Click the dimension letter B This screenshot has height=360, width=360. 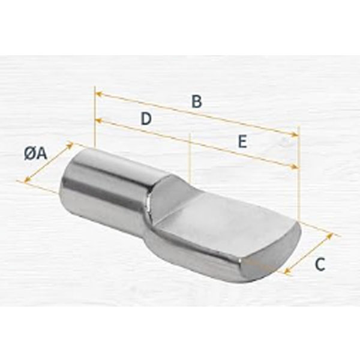(x=196, y=101)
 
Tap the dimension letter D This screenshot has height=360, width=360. (x=145, y=119)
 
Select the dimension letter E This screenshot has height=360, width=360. (x=242, y=142)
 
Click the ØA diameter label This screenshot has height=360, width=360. (x=35, y=154)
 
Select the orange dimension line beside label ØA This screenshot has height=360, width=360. (x=48, y=162)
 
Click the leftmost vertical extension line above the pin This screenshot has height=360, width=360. (x=95, y=120)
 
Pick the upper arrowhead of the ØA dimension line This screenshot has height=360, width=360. (x=70, y=145)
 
